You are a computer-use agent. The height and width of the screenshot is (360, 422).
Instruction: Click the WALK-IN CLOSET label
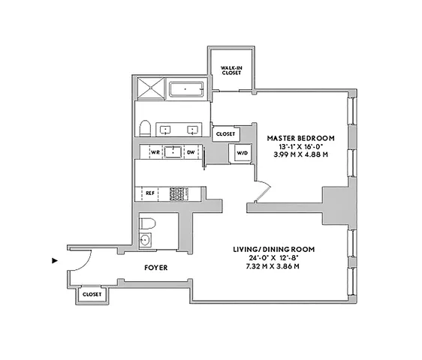click(x=231, y=70)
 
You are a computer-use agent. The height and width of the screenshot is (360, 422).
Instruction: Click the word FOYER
click(x=156, y=267)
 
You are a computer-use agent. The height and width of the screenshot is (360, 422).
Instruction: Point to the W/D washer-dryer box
click(x=241, y=153)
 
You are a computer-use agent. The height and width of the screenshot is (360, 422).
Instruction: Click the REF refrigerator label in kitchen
click(x=150, y=193)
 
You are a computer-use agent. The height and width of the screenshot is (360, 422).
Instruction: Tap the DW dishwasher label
click(x=191, y=151)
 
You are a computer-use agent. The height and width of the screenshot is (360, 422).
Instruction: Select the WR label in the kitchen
click(x=155, y=151)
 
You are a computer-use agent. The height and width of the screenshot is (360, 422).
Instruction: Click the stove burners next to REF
click(x=177, y=193)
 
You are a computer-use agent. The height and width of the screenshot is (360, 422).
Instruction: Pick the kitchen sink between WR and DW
click(x=173, y=151)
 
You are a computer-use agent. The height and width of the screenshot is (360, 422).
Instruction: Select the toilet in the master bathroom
click(x=146, y=127)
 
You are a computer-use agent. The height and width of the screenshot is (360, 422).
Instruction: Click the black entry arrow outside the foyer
click(x=53, y=261)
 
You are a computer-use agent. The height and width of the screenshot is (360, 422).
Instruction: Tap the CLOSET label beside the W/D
click(x=225, y=134)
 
